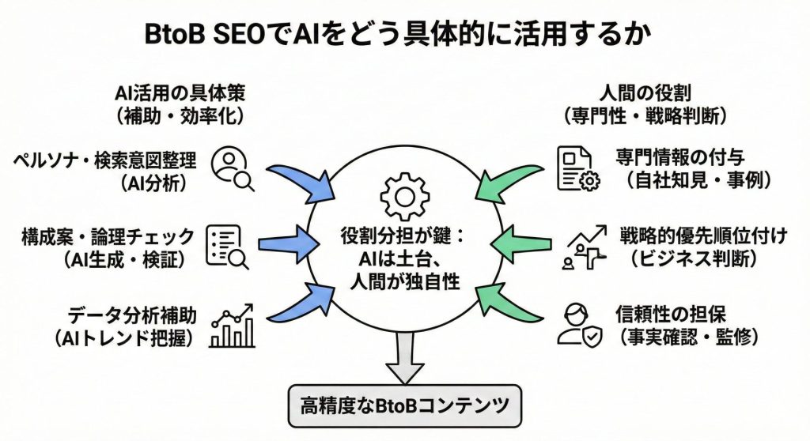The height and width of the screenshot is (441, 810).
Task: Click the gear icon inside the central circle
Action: pyautogui.click(x=404, y=197)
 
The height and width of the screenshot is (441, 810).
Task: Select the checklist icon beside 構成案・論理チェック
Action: pyautogui.click(x=227, y=247)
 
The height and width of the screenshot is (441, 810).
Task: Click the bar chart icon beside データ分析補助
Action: pyautogui.click(x=233, y=326)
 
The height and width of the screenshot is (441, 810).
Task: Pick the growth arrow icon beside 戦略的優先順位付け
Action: pyautogui.click(x=584, y=247)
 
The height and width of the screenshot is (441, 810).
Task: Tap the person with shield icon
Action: pyautogui.click(x=579, y=324)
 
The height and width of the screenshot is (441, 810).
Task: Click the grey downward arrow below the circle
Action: pyautogui.click(x=404, y=357)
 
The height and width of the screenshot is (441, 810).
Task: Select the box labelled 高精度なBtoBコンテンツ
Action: pyautogui.click(x=404, y=406)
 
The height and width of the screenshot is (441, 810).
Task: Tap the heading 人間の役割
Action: pyautogui.click(x=645, y=93)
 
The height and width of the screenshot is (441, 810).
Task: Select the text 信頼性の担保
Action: pyautogui.click(x=671, y=314)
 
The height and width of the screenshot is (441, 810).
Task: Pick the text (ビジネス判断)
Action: pyautogui.click(x=693, y=258)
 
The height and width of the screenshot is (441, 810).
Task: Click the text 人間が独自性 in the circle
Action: pyautogui.click(x=404, y=282)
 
